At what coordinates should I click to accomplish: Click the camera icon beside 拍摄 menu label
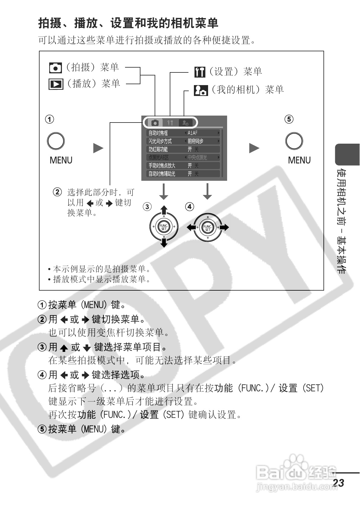point(55,68)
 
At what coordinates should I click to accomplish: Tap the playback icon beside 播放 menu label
point(56,84)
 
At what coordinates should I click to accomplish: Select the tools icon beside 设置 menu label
point(200,72)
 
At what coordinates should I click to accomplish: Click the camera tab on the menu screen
point(155,123)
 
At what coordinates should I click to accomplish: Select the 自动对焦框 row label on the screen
point(158,133)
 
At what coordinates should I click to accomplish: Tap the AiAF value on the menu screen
point(192,133)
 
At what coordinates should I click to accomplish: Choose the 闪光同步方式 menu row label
point(160,141)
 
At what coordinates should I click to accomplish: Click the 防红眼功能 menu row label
point(158,149)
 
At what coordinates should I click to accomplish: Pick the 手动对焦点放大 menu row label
point(162,165)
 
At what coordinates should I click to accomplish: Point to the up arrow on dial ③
point(164,210)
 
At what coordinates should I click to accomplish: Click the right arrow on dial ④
point(224,227)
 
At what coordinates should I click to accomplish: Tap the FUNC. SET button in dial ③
point(164,227)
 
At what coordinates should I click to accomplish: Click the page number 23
point(339,483)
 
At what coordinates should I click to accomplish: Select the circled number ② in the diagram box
point(57,192)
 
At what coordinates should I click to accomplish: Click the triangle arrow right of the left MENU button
point(98,148)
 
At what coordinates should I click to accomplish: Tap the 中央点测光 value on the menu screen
point(198,157)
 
